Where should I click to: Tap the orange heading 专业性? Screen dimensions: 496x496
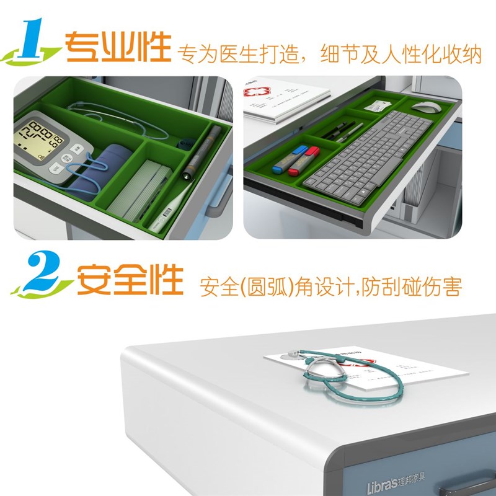[118, 46]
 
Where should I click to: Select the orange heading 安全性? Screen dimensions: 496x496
[130, 281]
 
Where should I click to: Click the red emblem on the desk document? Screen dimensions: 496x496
[253, 92]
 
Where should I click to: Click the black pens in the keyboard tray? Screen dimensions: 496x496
[338, 131]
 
